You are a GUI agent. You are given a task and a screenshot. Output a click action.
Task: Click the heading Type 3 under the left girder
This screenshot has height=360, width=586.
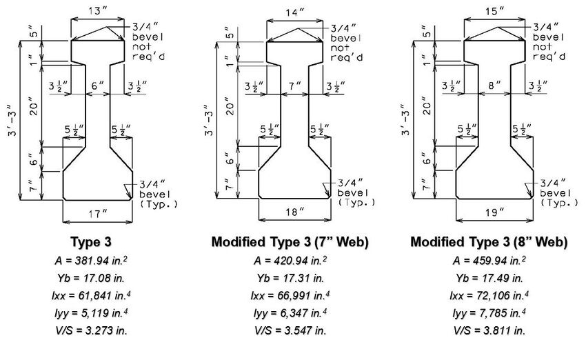tap(96, 243)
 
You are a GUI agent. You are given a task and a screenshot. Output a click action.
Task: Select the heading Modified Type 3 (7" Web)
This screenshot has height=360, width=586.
tap(291, 243)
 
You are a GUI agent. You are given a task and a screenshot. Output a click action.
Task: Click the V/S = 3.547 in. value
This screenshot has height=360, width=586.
tap(291, 330)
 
